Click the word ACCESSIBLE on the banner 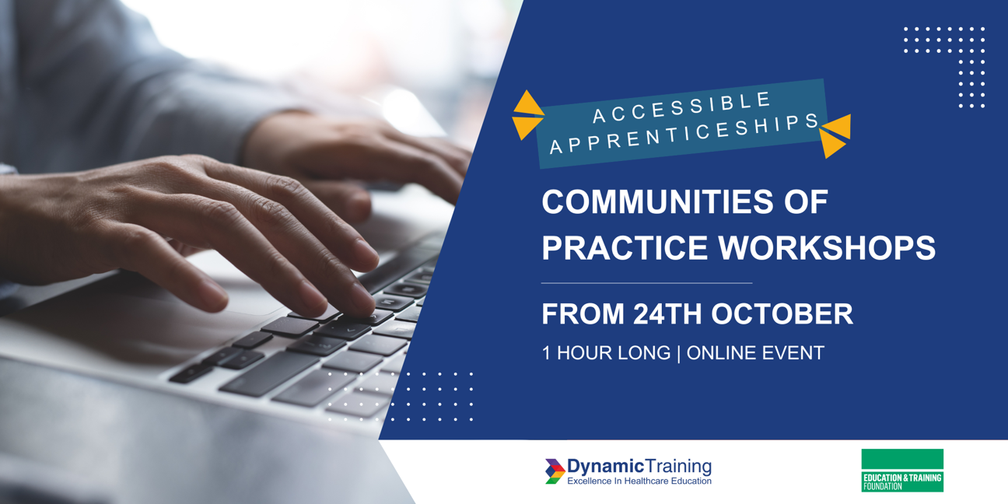pyautogui.click(x=682, y=107)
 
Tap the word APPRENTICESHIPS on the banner pyautogui.click(x=684, y=134)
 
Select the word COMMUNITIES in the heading pyautogui.click(x=656, y=201)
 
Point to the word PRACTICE pyautogui.click(x=625, y=247)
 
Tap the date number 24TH pyautogui.click(x=667, y=313)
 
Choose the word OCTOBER pyautogui.click(x=782, y=313)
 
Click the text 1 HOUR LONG pyautogui.click(x=606, y=353)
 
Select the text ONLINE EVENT pyautogui.click(x=755, y=353)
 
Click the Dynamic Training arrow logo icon pyautogui.click(x=555, y=471)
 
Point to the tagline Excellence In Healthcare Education pyautogui.click(x=639, y=481)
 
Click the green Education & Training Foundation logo pyautogui.click(x=902, y=471)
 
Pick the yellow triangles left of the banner pyautogui.click(x=527, y=115)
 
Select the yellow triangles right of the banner pyautogui.click(x=835, y=136)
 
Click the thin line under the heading pyautogui.click(x=646, y=283)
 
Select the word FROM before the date pyautogui.click(x=583, y=313)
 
